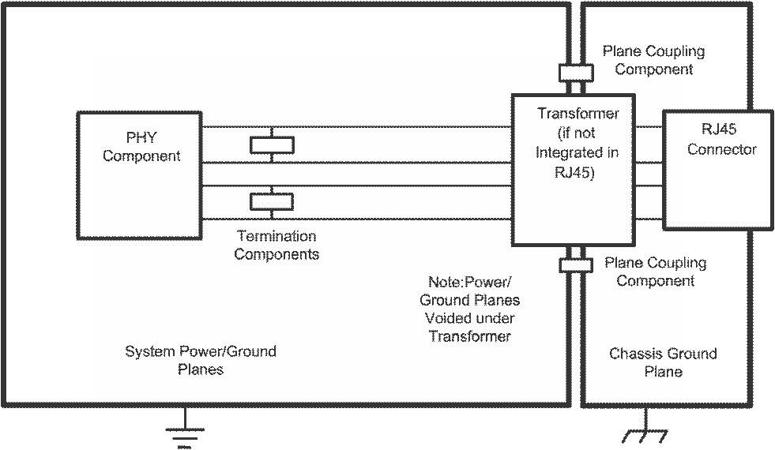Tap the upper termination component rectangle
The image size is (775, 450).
pos(272,144)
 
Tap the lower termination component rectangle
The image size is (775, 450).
pos(272,201)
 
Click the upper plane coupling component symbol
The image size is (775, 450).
pos(575,73)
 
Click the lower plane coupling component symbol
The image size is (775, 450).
pos(576,265)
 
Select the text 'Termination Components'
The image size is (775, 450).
pos(277,246)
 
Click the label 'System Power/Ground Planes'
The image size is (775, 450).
pos(201,360)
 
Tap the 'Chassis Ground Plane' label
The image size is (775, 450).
pos(663,362)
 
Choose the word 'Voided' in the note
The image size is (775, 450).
pos(449,318)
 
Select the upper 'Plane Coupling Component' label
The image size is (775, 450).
pos(653,60)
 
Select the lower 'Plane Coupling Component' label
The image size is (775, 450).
pos(655,272)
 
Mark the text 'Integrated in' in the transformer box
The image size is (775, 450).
pos(577,152)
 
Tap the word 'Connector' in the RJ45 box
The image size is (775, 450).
pos(722,149)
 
